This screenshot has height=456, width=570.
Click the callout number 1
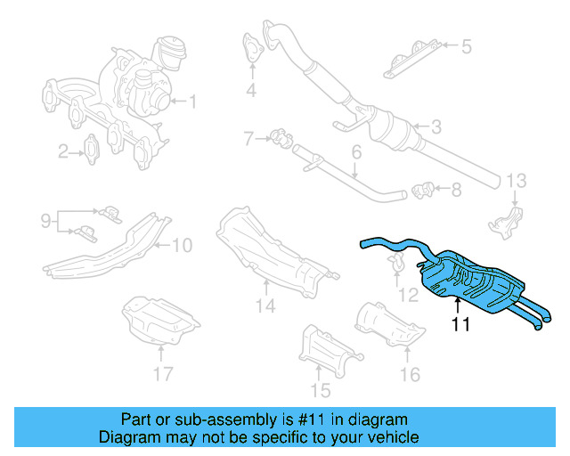pyautogui.click(x=191, y=102)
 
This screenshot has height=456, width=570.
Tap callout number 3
pyautogui.click(x=436, y=127)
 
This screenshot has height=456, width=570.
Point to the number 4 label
pyautogui.click(x=252, y=90)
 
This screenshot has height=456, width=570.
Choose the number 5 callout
pyautogui.click(x=466, y=45)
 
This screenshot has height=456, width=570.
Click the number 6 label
pyautogui.click(x=355, y=152)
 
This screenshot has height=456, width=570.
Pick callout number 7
pyautogui.click(x=250, y=138)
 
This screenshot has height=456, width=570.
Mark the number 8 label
pyautogui.click(x=456, y=189)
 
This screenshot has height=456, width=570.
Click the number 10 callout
pyautogui.click(x=182, y=244)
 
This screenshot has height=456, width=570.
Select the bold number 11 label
pyautogui.click(x=460, y=324)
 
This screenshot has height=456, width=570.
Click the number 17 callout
pyautogui.click(x=161, y=373)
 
